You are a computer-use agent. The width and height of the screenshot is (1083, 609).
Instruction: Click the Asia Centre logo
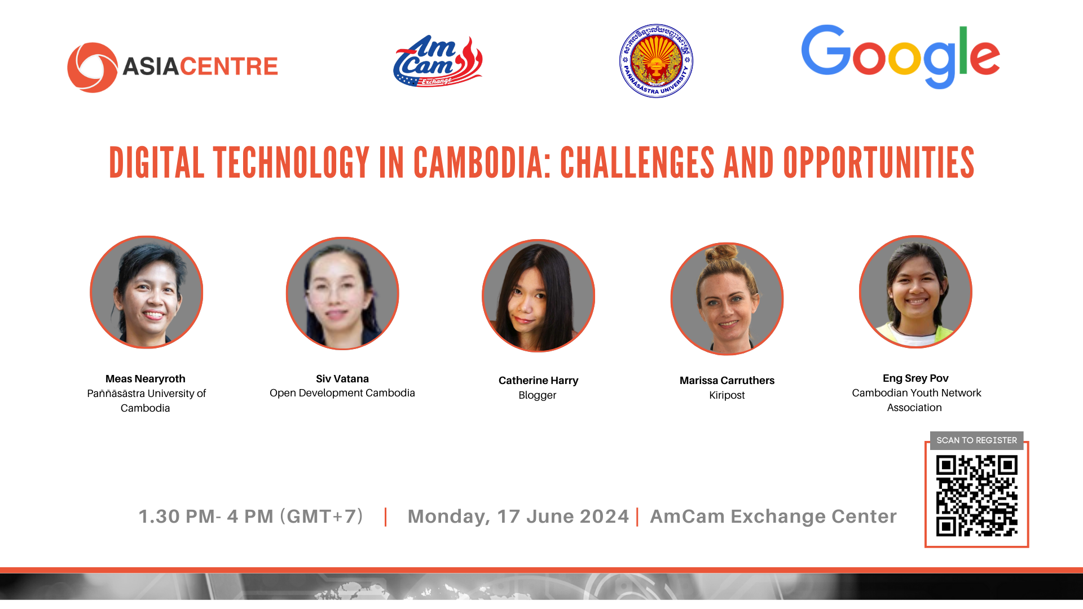tap(173, 67)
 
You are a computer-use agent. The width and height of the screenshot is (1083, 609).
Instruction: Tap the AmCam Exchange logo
tap(438, 61)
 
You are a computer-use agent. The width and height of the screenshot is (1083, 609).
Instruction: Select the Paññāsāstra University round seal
tap(656, 61)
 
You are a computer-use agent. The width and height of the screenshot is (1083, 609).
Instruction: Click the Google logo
tap(901, 56)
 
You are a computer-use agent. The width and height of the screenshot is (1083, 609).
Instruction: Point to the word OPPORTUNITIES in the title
tap(879, 163)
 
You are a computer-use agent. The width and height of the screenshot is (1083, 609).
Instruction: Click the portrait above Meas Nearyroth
tap(147, 292)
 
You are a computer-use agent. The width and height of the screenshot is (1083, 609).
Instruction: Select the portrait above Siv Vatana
tap(342, 293)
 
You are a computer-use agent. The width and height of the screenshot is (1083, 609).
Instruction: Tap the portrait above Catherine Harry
tap(539, 295)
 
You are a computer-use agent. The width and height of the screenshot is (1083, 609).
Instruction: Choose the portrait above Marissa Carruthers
tap(727, 299)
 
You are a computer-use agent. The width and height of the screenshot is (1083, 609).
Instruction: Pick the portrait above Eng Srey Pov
tap(915, 292)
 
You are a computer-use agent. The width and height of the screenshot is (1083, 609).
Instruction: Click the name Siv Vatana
tap(342, 379)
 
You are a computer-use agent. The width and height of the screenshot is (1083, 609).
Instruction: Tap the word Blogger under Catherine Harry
tap(538, 395)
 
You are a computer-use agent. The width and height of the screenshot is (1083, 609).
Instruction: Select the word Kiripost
tap(727, 395)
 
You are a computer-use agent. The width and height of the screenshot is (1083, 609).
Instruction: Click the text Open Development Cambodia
tap(342, 393)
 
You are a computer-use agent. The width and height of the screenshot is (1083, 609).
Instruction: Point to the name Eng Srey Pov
tap(915, 378)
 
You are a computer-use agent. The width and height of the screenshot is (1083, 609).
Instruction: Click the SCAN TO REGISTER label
tap(977, 440)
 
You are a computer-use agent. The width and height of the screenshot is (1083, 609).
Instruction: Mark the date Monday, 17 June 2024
tap(518, 517)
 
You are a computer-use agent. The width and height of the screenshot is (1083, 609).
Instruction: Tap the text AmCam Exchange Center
tap(773, 517)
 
